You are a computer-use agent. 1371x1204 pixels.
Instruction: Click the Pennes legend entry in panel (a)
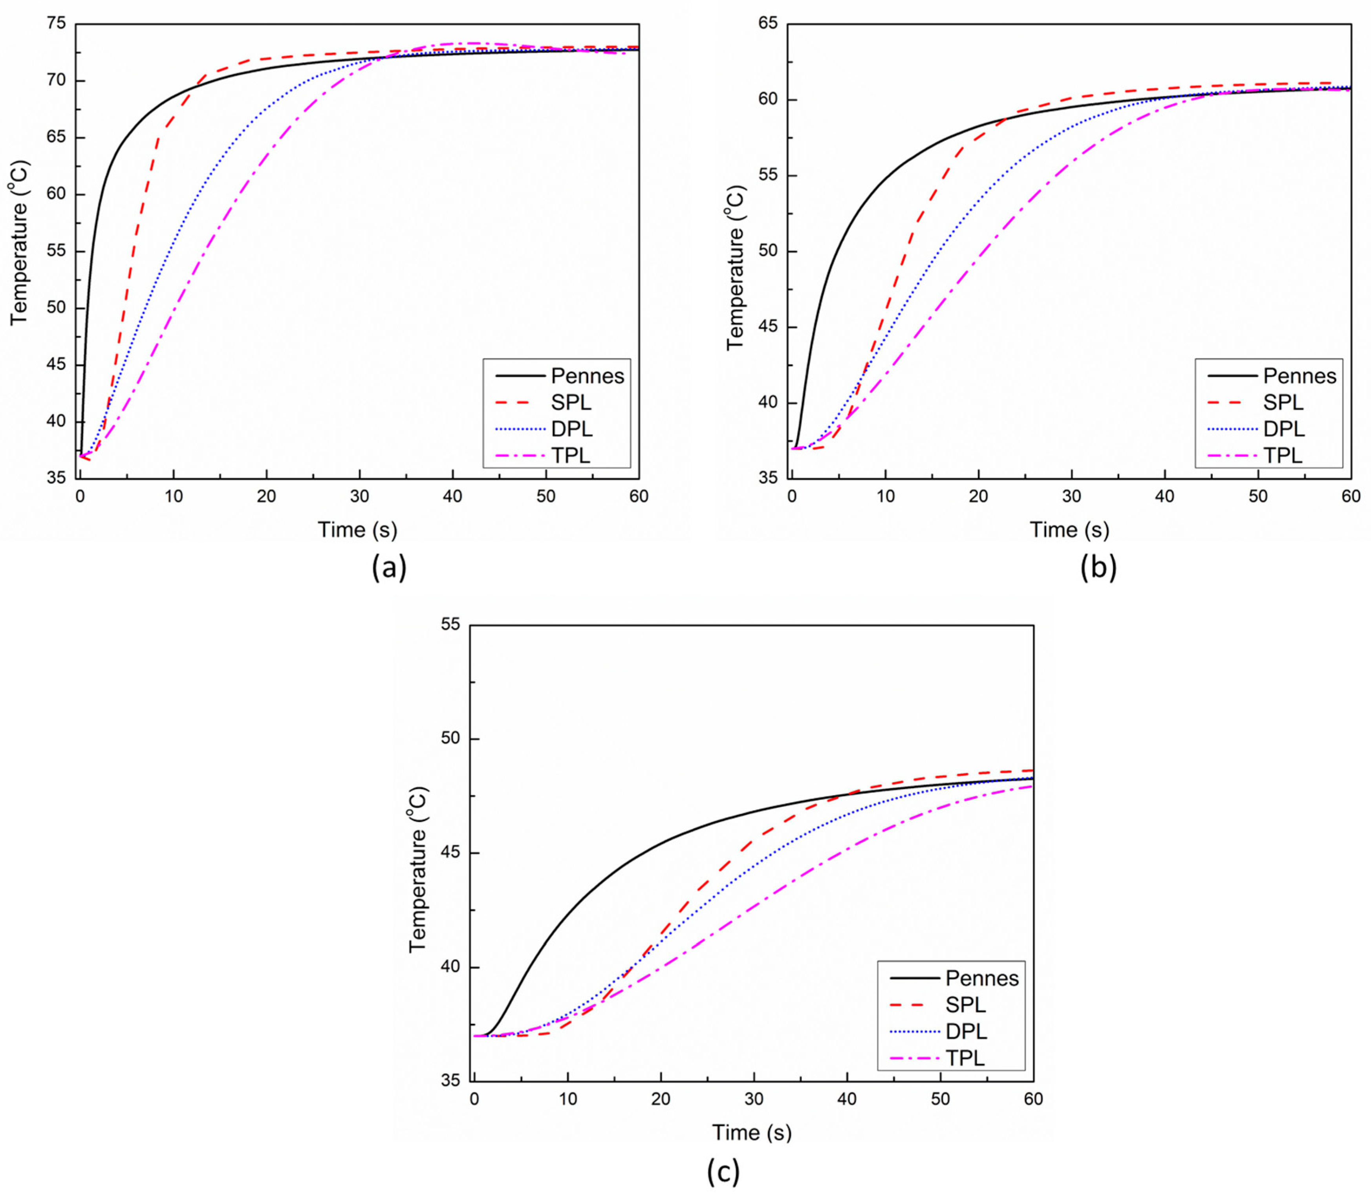pyautogui.click(x=587, y=376)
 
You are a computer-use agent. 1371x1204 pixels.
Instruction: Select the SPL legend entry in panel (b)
pyautogui.click(x=1283, y=403)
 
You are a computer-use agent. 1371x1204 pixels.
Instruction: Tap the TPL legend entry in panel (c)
pyautogui.click(x=965, y=1058)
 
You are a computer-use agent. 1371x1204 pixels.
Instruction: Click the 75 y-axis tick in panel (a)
pyautogui.click(x=57, y=24)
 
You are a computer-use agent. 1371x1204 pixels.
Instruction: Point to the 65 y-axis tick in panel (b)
pyautogui.click(x=769, y=24)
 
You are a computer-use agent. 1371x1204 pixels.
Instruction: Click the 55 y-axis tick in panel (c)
pyautogui.click(x=451, y=624)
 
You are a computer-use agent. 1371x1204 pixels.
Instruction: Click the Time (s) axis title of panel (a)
pyautogui.click(x=357, y=530)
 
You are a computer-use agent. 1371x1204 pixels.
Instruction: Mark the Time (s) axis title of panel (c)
pyautogui.click(x=752, y=1132)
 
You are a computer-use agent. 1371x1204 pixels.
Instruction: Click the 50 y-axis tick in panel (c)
pyautogui.click(x=451, y=739)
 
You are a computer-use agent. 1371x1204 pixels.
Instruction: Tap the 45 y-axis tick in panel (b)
pyautogui.click(x=769, y=328)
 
